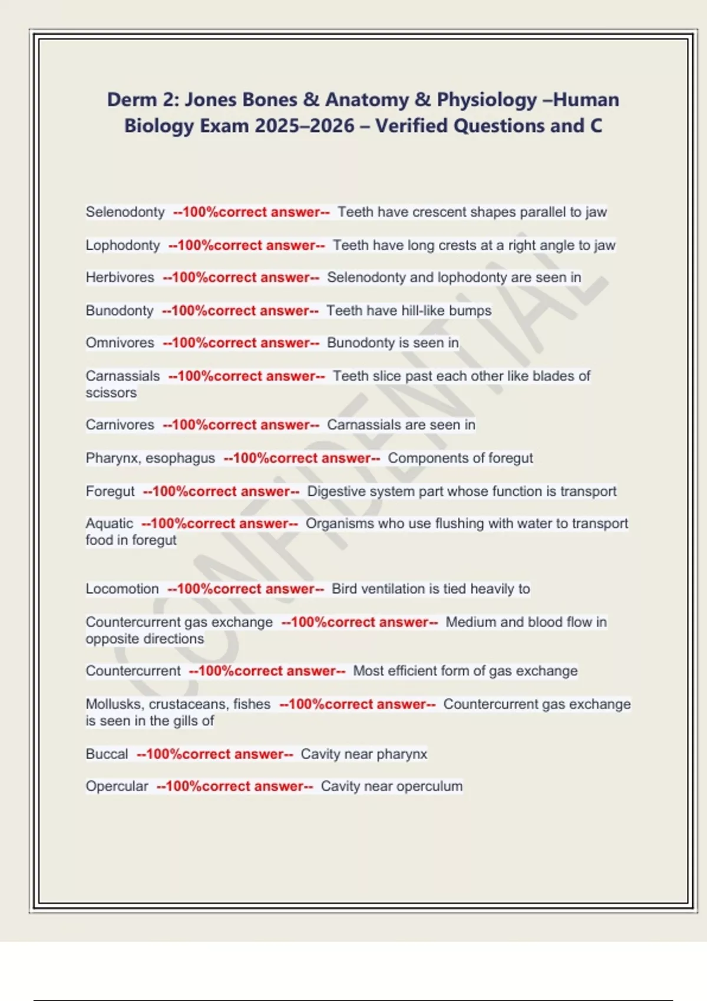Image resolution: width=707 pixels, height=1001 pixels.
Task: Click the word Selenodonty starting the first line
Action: click(x=125, y=212)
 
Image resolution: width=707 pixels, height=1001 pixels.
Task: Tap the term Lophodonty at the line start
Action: click(x=123, y=245)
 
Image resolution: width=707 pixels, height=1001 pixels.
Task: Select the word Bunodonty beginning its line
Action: click(x=120, y=310)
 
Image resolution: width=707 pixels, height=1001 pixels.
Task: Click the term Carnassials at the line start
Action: click(x=123, y=376)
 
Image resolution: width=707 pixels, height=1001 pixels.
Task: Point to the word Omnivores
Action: click(x=120, y=343)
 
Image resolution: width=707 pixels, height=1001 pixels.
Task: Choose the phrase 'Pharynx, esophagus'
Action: click(x=150, y=458)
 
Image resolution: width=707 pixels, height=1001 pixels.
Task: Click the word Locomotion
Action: click(x=122, y=589)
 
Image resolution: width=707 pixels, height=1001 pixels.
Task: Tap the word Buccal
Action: click(x=107, y=754)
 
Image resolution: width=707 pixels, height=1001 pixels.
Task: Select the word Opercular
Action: click(x=117, y=786)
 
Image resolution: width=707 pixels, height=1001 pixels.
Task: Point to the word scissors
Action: click(x=111, y=393)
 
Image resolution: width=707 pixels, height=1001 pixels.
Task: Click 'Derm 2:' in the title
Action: click(x=143, y=100)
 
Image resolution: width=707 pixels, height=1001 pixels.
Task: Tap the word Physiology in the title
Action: click(x=487, y=100)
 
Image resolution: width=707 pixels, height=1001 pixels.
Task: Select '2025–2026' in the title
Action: click(x=305, y=125)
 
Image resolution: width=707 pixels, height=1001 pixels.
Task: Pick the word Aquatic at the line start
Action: click(x=109, y=523)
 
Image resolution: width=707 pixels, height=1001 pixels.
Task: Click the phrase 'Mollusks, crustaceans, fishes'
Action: click(x=178, y=704)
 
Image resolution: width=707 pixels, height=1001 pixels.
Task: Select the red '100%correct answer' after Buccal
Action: click(x=214, y=754)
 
